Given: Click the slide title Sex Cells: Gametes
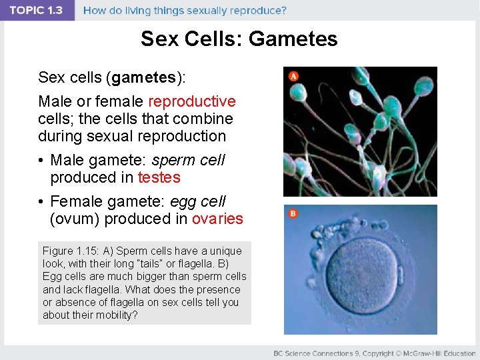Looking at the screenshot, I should click(x=239, y=39).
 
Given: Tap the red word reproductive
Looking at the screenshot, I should click(x=191, y=101).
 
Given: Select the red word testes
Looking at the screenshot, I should click(x=159, y=177).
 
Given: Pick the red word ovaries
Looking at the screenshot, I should click(x=217, y=219).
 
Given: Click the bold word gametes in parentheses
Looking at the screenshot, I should click(x=144, y=77).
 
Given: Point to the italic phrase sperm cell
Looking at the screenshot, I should click(x=189, y=161).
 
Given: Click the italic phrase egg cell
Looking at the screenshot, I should click(x=199, y=201).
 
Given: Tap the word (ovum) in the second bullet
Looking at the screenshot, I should click(x=76, y=219).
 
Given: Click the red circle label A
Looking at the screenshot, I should click(x=293, y=76).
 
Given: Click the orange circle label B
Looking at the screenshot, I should click(x=293, y=213).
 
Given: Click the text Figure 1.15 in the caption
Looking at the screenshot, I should click(x=69, y=251).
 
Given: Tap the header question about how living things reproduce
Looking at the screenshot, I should click(x=185, y=11).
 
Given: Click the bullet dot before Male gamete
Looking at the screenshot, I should click(x=41, y=161).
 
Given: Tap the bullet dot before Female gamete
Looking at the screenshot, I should click(x=41, y=201).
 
